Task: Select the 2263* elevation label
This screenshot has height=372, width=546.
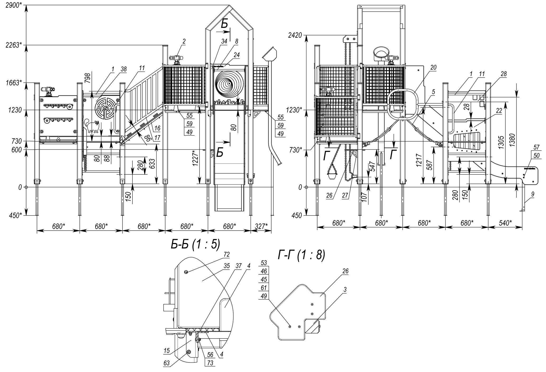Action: [14, 45]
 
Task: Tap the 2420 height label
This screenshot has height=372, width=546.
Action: [295, 35]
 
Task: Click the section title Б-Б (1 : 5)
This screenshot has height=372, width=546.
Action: [195, 245]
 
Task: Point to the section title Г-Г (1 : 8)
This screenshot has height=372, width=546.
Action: [301, 255]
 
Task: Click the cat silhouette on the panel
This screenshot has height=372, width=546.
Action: [92, 126]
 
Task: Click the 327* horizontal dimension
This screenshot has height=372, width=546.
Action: [261, 226]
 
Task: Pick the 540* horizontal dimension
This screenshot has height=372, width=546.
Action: [505, 223]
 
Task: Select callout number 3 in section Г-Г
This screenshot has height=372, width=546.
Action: [345, 290]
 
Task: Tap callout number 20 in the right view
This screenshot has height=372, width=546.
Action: [433, 68]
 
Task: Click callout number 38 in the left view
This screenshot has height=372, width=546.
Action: [124, 69]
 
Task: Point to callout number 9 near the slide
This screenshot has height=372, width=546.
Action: [533, 194]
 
